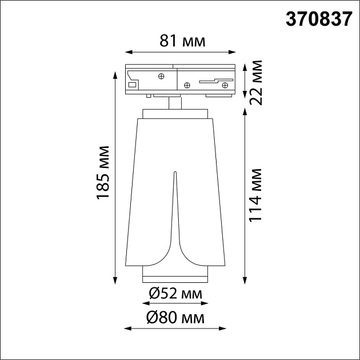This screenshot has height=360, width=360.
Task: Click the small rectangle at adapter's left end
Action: (x=132, y=85)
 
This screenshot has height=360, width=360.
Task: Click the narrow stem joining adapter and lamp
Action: (x=175, y=103)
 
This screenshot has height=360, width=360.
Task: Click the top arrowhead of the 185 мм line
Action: (x=116, y=68)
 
